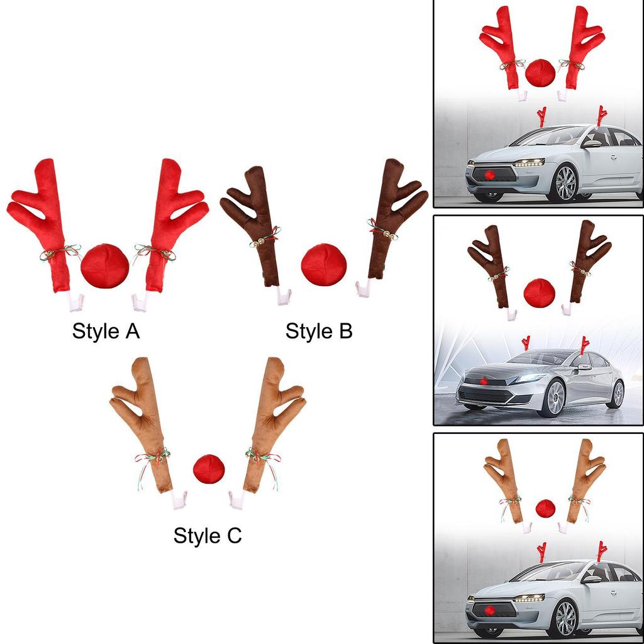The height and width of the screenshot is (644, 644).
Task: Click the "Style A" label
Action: pyautogui.click(x=106, y=331)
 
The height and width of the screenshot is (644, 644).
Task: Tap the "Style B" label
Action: pyautogui.click(x=319, y=331)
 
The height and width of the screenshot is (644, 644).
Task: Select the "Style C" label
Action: pyautogui.click(x=208, y=536)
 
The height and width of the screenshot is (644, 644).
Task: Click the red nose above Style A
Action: pyautogui.click(x=105, y=266)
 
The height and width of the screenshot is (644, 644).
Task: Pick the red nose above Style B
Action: pyautogui.click(x=324, y=265)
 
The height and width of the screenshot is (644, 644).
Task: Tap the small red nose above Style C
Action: pyautogui.click(x=209, y=469)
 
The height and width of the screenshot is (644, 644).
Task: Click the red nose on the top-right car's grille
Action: pyautogui.click(x=489, y=175)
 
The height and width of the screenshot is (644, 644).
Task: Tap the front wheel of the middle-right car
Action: pyautogui.click(x=551, y=398)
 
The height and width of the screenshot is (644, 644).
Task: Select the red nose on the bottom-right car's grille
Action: pyautogui.click(x=489, y=611)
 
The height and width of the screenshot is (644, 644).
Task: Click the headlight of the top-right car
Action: pyautogui.click(x=529, y=163)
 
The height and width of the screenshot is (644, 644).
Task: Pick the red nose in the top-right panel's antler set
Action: pyautogui.click(x=540, y=73)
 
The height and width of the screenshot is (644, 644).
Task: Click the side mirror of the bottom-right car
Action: pyautogui.click(x=591, y=579)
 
